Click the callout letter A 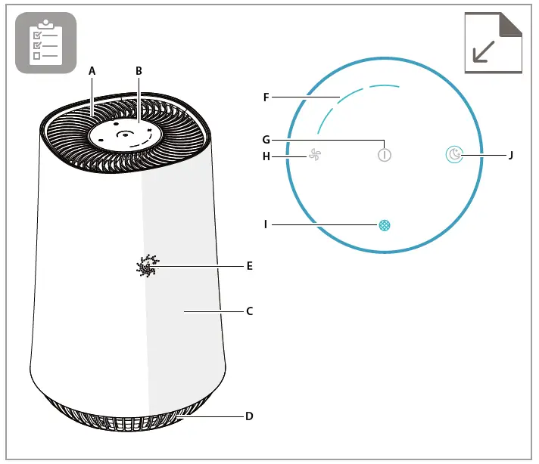92,70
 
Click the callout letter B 139,70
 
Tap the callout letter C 249,311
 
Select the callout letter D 249,416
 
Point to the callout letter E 249,266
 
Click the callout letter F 266,97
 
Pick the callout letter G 266,139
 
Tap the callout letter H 266,156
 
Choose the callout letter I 266,224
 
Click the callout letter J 511,156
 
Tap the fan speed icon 314,156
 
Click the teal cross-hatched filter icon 385,224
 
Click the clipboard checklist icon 45,42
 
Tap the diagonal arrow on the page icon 484,51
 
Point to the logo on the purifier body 146,266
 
